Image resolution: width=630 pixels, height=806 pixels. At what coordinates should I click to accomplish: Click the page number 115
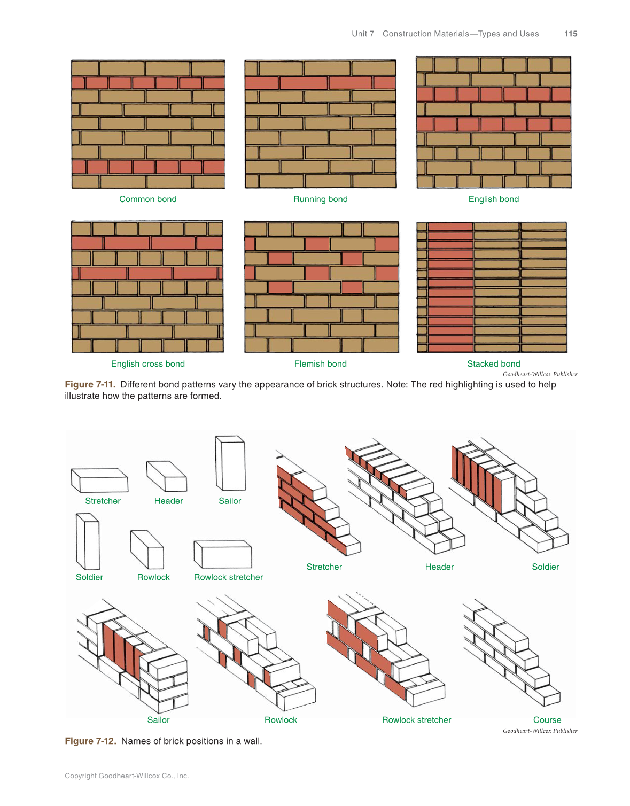pos(570,34)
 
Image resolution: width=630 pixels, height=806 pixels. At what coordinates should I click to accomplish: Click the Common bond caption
pos(147,199)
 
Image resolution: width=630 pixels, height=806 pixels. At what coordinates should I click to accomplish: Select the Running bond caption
pos(320,199)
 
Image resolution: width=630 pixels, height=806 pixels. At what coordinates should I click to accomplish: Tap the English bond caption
pos(493,199)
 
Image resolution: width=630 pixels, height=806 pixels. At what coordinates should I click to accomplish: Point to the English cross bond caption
pos(147,363)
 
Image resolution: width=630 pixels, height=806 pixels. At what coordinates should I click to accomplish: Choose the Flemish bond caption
pos(320,363)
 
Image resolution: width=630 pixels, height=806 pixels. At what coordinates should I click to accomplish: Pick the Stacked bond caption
pos(493,363)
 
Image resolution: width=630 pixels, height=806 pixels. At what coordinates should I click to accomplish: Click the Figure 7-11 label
pos(90,384)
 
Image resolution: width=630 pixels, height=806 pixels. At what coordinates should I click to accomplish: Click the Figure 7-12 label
pos(90,741)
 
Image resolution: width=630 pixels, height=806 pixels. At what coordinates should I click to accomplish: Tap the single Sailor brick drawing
pos(230,463)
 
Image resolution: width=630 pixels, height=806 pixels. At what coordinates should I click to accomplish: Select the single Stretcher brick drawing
pos(99,480)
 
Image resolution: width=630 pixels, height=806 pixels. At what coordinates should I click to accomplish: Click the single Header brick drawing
pos(167,476)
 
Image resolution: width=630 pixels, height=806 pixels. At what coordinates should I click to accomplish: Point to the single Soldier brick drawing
pos(88,541)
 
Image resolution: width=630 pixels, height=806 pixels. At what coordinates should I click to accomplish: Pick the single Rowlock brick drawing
pos(147,549)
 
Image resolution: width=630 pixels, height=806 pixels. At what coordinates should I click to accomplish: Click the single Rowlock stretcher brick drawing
pos(223,554)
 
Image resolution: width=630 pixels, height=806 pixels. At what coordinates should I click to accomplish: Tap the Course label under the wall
pos(547,720)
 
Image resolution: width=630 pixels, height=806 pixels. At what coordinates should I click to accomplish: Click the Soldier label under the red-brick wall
pos(545,567)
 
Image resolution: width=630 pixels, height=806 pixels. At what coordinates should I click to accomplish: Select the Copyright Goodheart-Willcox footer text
pos(127,776)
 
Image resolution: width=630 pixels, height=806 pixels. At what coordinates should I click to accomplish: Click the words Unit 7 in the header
pos(362,34)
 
